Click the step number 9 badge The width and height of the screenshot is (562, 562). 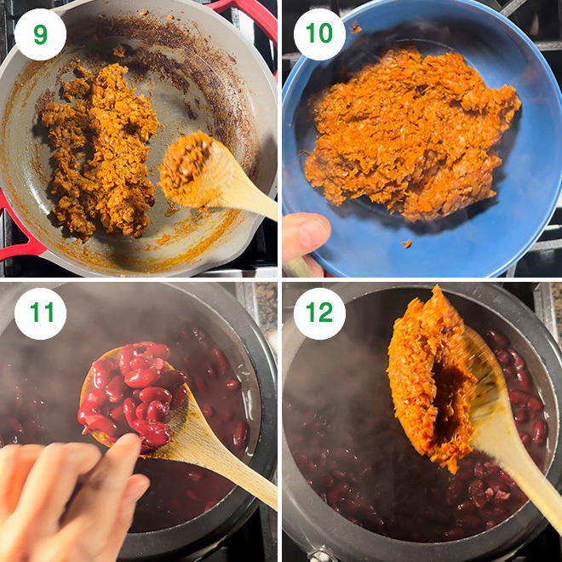coord(41,34)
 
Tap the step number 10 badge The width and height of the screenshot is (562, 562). coord(319,34)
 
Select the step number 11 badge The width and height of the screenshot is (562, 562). coord(41,313)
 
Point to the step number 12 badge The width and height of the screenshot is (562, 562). coord(319,313)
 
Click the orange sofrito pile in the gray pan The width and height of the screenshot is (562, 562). coord(100,151)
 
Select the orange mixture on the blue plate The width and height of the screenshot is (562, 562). coord(412,133)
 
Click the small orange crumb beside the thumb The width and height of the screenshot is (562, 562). coord(406,244)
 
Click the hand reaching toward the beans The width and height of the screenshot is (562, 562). coord(68,498)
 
